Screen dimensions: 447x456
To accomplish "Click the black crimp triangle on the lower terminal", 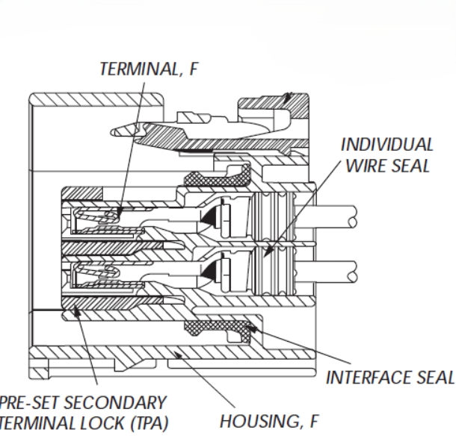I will (x=209, y=267).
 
